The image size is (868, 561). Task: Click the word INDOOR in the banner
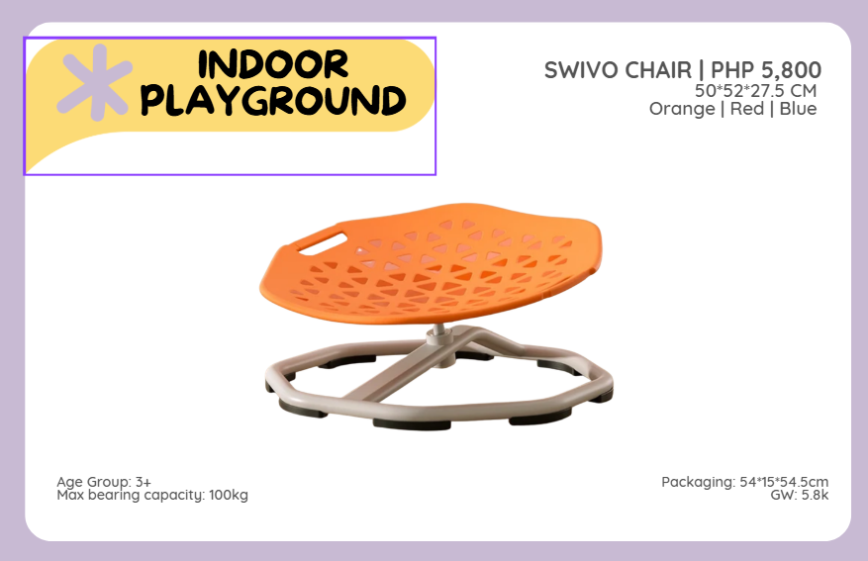click(273, 64)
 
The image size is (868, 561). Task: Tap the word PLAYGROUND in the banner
click(273, 100)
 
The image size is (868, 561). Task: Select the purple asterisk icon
click(95, 82)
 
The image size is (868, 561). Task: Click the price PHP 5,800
click(766, 70)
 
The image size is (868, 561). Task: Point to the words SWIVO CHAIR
click(618, 70)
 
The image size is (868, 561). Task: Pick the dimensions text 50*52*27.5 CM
click(755, 90)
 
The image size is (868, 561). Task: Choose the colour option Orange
click(682, 109)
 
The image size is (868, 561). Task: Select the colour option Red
click(747, 109)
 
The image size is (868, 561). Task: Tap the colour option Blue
click(799, 109)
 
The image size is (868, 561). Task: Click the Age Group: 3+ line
click(104, 482)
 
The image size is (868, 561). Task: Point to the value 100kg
click(228, 495)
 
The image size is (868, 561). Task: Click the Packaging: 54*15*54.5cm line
click(745, 482)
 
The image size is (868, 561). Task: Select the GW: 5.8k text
click(800, 495)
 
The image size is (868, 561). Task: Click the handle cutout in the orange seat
click(323, 244)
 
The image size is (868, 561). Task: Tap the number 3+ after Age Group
click(143, 482)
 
